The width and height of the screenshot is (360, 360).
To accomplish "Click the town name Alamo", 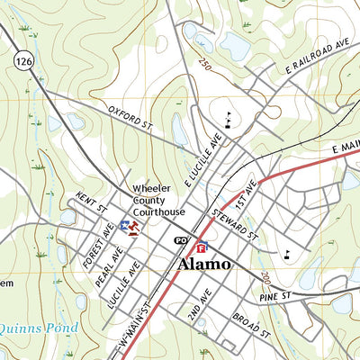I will (203, 265).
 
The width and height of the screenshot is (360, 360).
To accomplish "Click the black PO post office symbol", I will (181, 241).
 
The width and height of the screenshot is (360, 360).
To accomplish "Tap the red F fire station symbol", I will (202, 247).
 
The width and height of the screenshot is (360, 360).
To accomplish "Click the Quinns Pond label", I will (39, 328).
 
